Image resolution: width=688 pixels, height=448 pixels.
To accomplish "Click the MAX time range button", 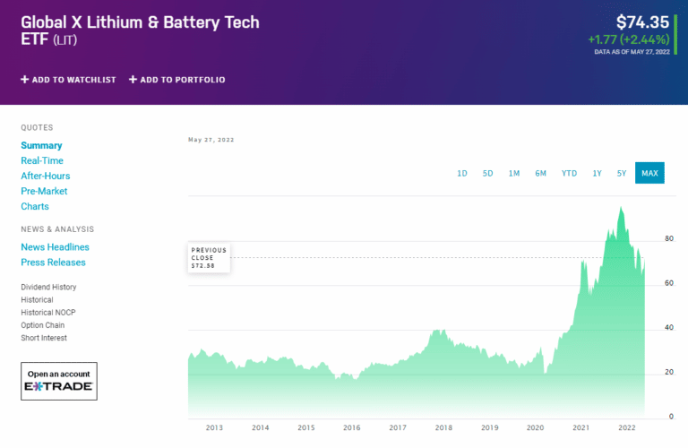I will click(x=649, y=173).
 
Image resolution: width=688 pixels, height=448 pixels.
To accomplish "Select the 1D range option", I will click(x=462, y=173).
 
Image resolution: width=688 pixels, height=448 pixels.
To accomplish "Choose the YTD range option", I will click(x=569, y=173).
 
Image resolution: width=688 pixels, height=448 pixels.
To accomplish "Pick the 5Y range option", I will click(x=622, y=173).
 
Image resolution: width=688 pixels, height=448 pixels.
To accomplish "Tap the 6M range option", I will click(x=541, y=173).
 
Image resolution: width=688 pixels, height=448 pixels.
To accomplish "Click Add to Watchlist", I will click(x=69, y=80).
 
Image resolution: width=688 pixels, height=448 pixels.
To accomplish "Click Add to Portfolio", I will click(x=177, y=80).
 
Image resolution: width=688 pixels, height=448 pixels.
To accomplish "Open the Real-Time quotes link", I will click(x=42, y=160).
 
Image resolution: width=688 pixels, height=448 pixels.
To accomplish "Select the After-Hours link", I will click(x=46, y=176).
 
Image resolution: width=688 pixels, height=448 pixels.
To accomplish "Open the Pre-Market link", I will click(x=44, y=191).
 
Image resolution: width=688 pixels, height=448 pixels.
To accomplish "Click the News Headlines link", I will click(x=55, y=247).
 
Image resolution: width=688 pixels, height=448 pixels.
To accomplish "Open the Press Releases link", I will click(x=53, y=263).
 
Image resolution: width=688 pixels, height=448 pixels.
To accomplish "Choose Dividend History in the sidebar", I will click(x=48, y=288).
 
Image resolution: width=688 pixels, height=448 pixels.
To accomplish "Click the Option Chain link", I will click(x=44, y=325).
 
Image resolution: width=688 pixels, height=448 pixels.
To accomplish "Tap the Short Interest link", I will click(x=44, y=338).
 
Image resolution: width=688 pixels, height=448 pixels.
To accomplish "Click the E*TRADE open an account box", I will click(x=59, y=381).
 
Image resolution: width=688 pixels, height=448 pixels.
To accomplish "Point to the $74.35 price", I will click(x=642, y=22).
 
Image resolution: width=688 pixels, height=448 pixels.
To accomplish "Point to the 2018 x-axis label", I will click(x=443, y=428).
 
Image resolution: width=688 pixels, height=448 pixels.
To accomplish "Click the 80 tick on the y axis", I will click(x=668, y=238).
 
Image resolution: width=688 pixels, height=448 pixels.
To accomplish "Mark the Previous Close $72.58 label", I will click(x=209, y=258).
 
